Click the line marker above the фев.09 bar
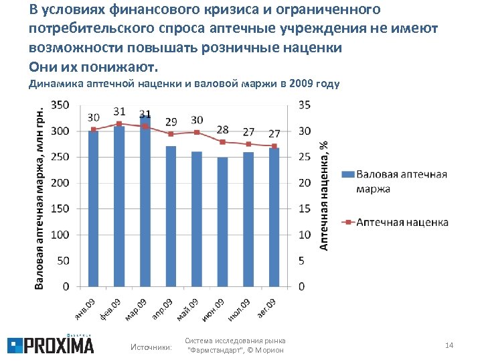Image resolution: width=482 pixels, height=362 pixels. point(119,124)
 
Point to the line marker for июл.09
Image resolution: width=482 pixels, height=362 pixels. point(248,144)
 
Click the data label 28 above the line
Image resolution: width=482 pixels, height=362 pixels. point(222,129)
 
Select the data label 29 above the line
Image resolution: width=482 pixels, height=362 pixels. point(171,121)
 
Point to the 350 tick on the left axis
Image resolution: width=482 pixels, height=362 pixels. point(60,105)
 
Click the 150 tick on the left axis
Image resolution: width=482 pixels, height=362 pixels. point(60,209)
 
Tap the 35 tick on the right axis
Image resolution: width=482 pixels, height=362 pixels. point(303,105)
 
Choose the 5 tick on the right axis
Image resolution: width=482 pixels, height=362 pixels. point(301,261)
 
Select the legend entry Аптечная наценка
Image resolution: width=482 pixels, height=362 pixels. point(402,222)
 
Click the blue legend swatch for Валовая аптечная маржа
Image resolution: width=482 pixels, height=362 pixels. point(347,174)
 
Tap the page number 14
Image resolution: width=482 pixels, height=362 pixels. point(449,345)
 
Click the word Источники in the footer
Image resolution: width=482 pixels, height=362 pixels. point(151,347)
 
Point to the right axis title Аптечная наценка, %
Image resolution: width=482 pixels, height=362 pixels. point(323,194)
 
